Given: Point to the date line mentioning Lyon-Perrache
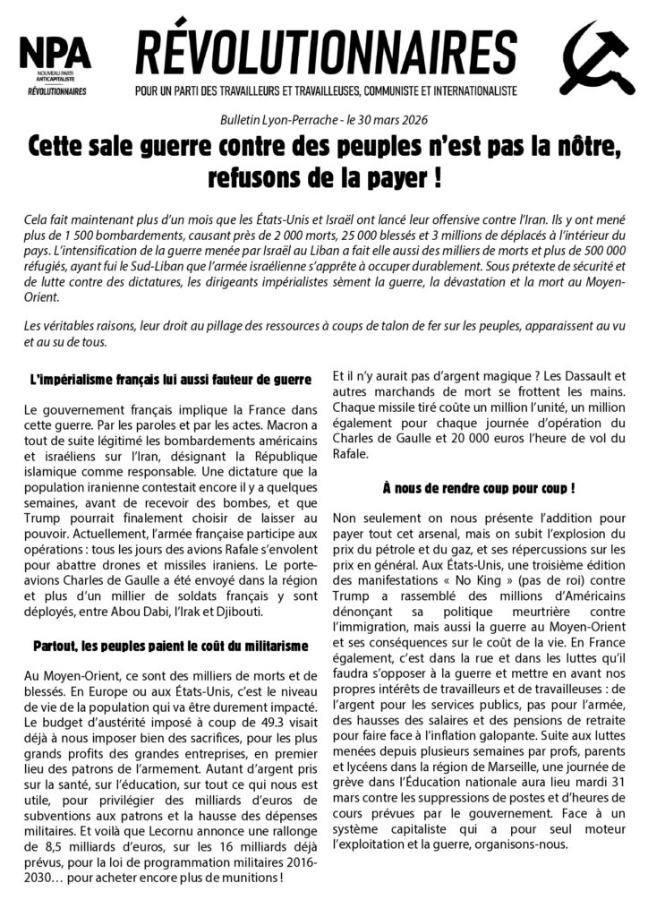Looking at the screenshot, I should (324, 120).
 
